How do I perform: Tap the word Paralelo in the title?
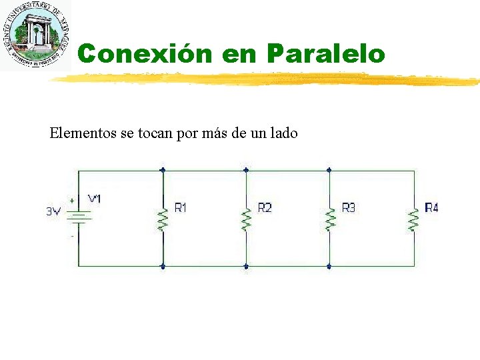click(326, 53)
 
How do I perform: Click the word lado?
click(283, 133)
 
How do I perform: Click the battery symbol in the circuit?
click(79, 217)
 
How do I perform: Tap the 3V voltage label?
click(53, 211)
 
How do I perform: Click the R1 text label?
click(181, 208)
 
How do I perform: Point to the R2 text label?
click(265, 208)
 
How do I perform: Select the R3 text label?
click(348, 208)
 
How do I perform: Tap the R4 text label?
click(431, 208)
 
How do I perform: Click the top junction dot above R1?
click(162, 170)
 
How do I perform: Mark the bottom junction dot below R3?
click(329, 266)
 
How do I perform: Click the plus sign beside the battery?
click(72, 200)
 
